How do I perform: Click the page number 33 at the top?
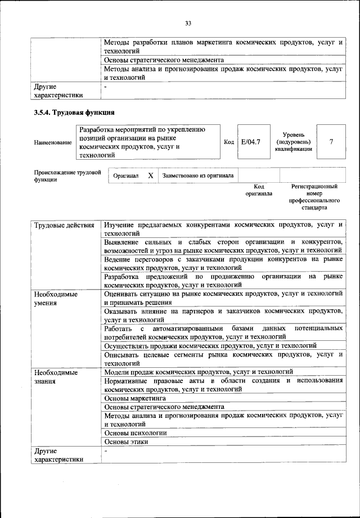(188, 23)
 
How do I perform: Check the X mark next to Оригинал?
(150, 175)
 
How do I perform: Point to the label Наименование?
(53, 143)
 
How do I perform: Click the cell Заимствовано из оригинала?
(198, 175)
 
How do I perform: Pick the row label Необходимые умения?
(56, 298)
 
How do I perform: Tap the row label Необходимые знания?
(56, 376)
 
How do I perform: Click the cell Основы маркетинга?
(132, 398)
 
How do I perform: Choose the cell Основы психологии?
(136, 433)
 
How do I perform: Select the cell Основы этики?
(127, 442)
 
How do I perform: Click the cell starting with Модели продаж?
(199, 372)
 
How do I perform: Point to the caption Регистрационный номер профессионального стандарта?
(314, 196)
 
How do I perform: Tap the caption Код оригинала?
(259, 190)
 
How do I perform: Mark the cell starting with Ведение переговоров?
(223, 264)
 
